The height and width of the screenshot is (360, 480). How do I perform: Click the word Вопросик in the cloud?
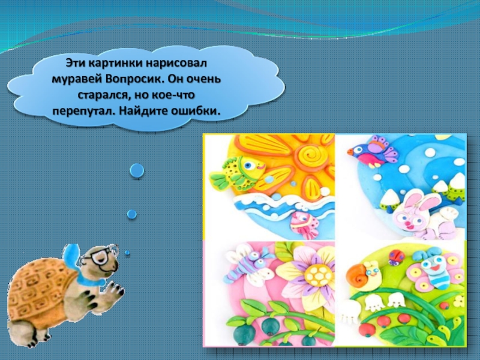[131, 80]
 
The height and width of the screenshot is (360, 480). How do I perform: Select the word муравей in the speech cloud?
[77, 80]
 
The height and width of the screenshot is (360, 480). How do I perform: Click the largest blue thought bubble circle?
[137, 170]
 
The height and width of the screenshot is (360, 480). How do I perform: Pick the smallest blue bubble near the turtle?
[127, 253]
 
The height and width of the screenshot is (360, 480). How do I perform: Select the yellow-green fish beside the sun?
[237, 172]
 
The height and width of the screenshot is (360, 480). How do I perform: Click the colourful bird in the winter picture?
[373, 152]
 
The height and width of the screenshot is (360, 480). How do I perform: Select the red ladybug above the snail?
[396, 257]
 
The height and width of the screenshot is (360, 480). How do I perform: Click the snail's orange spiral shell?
[358, 274]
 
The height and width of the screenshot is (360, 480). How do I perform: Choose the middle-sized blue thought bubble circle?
[132, 214]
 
